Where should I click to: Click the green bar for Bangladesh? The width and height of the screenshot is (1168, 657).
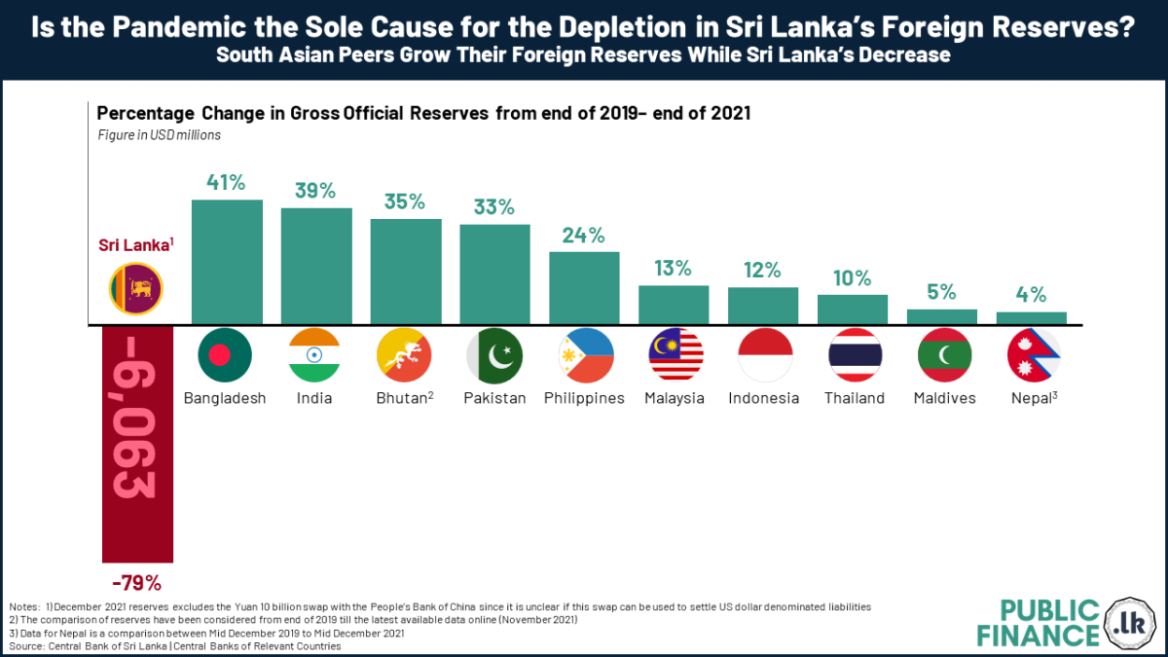click(227, 261)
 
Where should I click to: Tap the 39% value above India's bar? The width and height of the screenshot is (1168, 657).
click(316, 191)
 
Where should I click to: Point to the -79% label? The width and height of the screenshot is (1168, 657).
click(136, 584)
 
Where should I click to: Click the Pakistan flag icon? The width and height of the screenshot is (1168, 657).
click(494, 355)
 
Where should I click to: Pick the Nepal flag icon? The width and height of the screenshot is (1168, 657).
click(1033, 355)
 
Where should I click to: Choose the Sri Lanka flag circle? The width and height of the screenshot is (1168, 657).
click(136, 288)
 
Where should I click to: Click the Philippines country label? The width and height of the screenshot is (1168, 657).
click(584, 398)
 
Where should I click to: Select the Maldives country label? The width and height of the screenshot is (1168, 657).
click(944, 398)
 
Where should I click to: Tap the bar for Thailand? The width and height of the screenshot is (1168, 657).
click(853, 309)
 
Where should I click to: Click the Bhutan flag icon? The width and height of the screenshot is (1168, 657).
click(405, 355)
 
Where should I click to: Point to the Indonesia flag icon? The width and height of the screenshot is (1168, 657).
click(763, 355)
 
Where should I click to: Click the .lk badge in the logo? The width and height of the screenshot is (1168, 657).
click(1130, 622)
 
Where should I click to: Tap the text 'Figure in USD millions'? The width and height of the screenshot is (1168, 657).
click(159, 135)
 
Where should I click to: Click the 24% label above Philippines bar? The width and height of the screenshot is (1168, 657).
click(584, 235)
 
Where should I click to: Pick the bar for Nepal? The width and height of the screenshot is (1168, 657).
click(1032, 317)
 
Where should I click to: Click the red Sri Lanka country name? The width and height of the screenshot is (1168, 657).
click(133, 244)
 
